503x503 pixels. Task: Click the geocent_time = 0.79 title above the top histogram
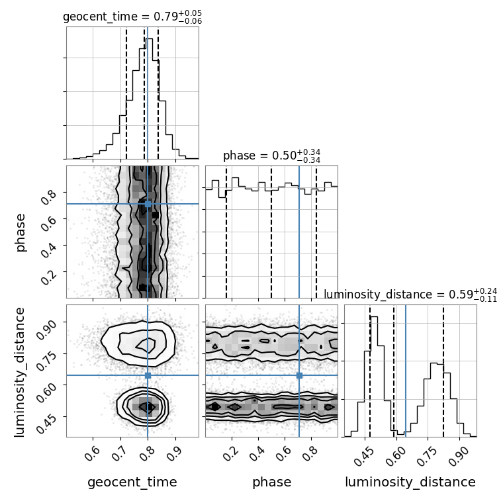pyautogui.click(x=132, y=17)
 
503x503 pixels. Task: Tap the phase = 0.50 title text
pyautogui.click(x=272, y=156)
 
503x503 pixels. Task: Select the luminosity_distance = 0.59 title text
pyautogui.click(x=410, y=295)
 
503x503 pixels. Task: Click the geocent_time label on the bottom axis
pyautogui.click(x=132, y=482)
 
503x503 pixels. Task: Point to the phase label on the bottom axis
pyautogui.click(x=272, y=482)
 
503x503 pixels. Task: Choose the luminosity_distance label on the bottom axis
pyautogui.click(x=410, y=482)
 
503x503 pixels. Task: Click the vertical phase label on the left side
pyautogui.click(x=20, y=232)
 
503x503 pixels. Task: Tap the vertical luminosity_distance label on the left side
pyautogui.click(x=19, y=371)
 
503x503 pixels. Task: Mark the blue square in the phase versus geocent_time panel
pyautogui.click(x=148, y=204)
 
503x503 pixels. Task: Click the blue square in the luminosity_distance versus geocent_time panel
pyautogui.click(x=148, y=375)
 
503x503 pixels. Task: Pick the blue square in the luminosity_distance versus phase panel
pyautogui.click(x=299, y=375)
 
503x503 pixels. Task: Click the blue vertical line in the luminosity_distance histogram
pyautogui.click(x=406, y=371)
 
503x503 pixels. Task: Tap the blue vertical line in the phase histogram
pyautogui.click(x=299, y=232)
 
